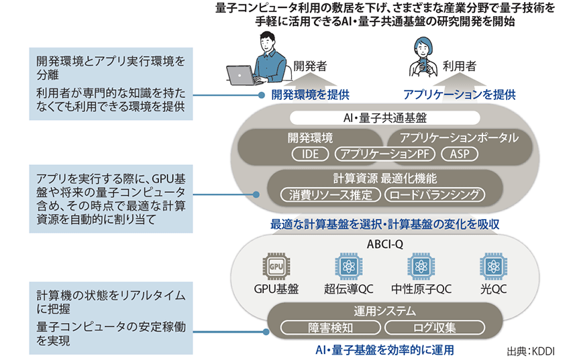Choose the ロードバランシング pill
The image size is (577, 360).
(x=434, y=195)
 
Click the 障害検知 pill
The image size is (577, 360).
(x=329, y=328)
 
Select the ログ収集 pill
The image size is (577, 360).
(x=434, y=328)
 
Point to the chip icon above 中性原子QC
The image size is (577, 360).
(x=420, y=267)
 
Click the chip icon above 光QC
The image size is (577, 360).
(x=492, y=267)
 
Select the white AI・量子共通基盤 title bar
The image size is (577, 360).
(x=384, y=118)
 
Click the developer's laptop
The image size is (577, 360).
(x=244, y=74)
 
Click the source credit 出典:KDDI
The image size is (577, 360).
(x=533, y=351)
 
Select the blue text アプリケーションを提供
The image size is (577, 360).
(x=459, y=95)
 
